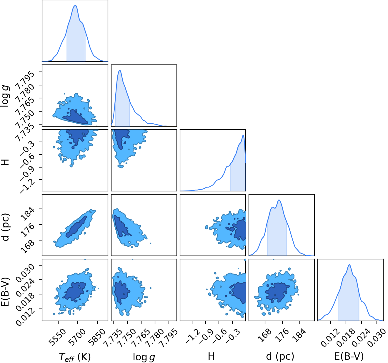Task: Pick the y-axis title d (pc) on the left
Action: [6, 227]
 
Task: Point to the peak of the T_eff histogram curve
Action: [75, 6]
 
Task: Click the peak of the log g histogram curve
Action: [120, 70]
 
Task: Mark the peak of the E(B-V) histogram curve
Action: [349, 265]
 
